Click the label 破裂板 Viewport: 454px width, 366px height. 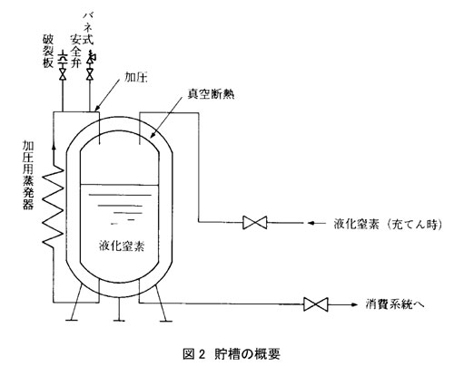pos(48,53)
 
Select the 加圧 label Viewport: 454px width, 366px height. pos(135,78)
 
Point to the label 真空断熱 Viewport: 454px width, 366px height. pos(211,94)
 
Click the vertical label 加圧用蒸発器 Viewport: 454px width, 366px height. pos(28,176)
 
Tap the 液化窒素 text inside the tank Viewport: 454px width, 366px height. pos(122,246)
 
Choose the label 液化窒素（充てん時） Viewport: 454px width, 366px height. pos(389,224)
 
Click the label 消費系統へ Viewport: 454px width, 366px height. pos(395,304)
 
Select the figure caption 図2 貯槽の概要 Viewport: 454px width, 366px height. pos(232,354)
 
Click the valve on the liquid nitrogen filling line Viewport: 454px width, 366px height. pos(255,223)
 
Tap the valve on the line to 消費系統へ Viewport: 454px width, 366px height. pos(316,304)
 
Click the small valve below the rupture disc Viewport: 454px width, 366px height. pos(63,74)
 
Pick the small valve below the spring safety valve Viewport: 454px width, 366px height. pos(90,74)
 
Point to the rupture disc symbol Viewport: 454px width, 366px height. pos(63,57)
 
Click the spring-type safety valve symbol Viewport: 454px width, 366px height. pos(91,57)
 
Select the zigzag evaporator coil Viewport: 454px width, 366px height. pos(54,207)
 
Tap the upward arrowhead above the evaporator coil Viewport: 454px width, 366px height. pos(54,147)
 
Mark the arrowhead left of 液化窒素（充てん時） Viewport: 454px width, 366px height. pos(311,223)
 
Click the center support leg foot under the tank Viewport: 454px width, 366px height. pos(119,320)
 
